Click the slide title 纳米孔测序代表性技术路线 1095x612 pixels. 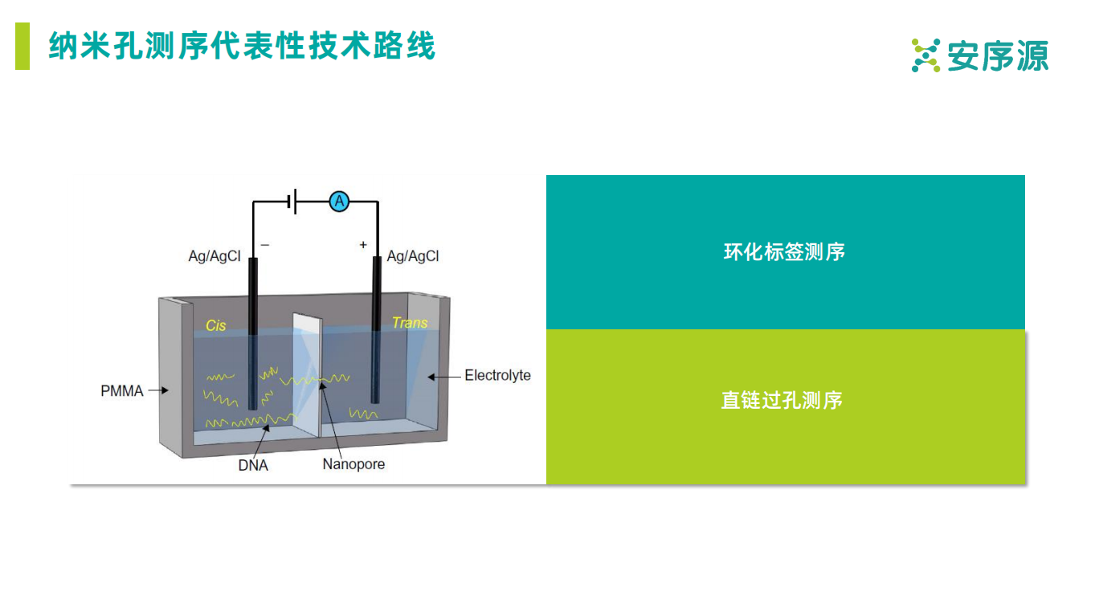pos(242,47)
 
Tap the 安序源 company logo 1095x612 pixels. pos(980,55)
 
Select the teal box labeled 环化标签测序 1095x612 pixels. pos(785,252)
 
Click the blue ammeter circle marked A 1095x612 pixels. pos(340,202)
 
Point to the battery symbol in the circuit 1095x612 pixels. pos(294,202)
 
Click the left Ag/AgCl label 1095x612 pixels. pos(215,256)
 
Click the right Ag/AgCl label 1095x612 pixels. pos(413,256)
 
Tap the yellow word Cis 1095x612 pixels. pos(216,325)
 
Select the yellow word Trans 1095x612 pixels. pos(410,323)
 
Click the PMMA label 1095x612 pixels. pos(122,391)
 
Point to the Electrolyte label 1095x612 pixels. pos(497,375)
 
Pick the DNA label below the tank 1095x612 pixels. pos(253,465)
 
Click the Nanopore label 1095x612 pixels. pos(353,464)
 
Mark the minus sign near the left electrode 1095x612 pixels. pos(265,245)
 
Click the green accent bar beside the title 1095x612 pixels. pos(22,47)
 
